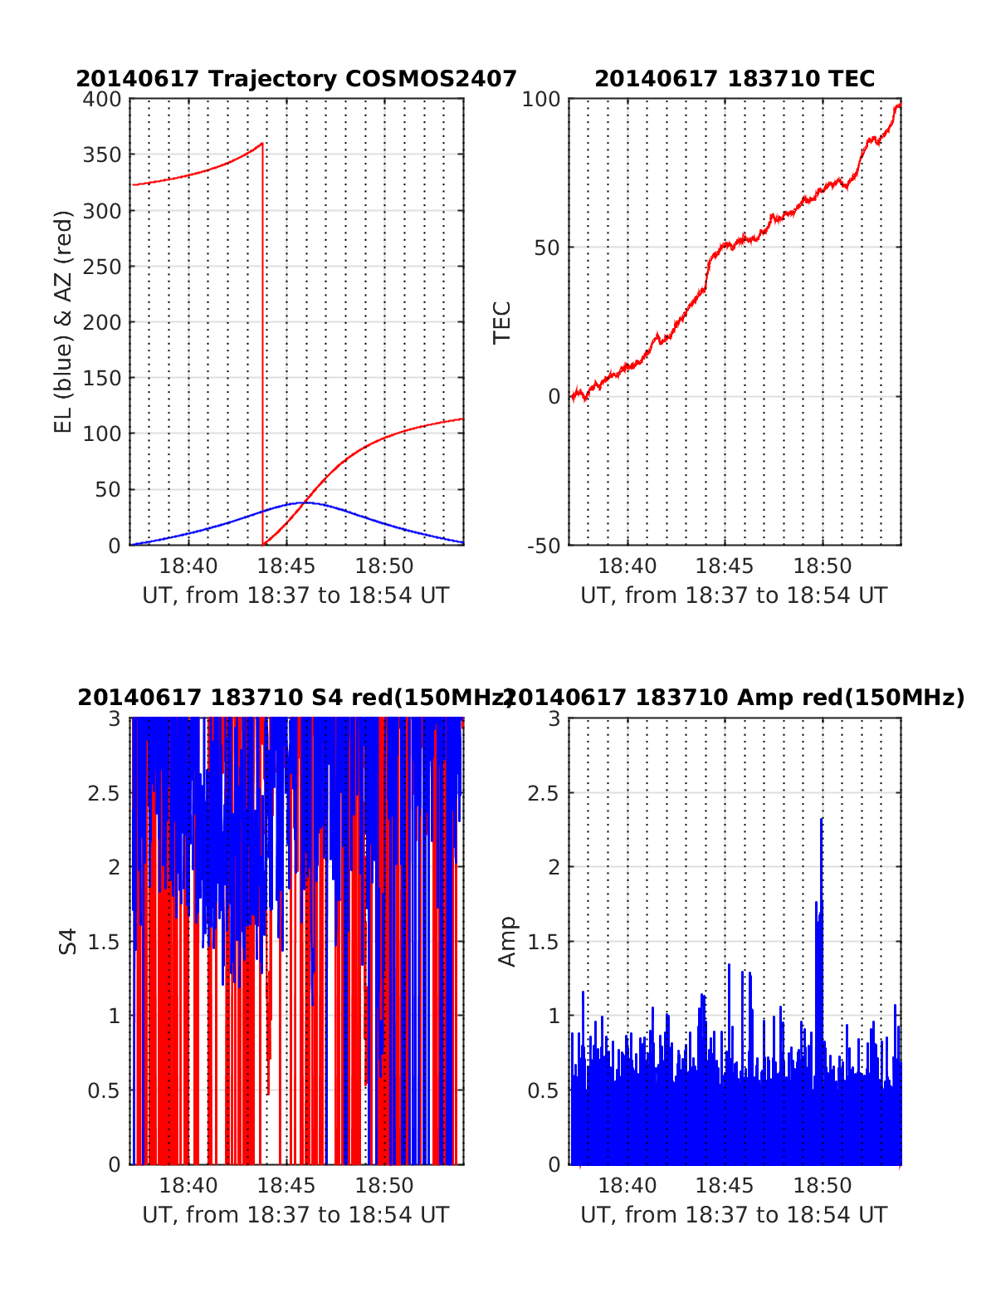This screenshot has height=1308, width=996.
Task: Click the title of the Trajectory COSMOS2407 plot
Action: point(296,79)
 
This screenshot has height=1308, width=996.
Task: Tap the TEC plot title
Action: point(735,79)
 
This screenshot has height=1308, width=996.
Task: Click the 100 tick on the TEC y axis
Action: point(541,100)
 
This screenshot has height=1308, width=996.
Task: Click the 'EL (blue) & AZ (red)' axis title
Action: point(64,321)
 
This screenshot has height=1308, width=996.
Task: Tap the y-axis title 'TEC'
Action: point(502,322)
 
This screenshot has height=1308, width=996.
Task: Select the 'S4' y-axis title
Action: point(68,941)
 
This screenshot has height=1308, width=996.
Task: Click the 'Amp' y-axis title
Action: point(506,941)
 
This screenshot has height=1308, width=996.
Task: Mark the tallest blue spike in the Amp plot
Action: point(822,820)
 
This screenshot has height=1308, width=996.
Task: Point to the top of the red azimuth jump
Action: point(262,144)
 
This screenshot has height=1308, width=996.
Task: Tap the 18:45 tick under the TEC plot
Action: point(725,566)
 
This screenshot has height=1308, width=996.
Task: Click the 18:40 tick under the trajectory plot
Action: point(188,566)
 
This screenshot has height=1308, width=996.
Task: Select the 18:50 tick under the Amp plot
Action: point(823,1186)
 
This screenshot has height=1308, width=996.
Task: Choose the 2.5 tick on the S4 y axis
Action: point(104,793)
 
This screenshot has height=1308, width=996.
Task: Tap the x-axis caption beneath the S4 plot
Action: point(295,1215)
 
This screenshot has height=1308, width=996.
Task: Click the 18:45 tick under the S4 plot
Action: point(286,1186)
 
